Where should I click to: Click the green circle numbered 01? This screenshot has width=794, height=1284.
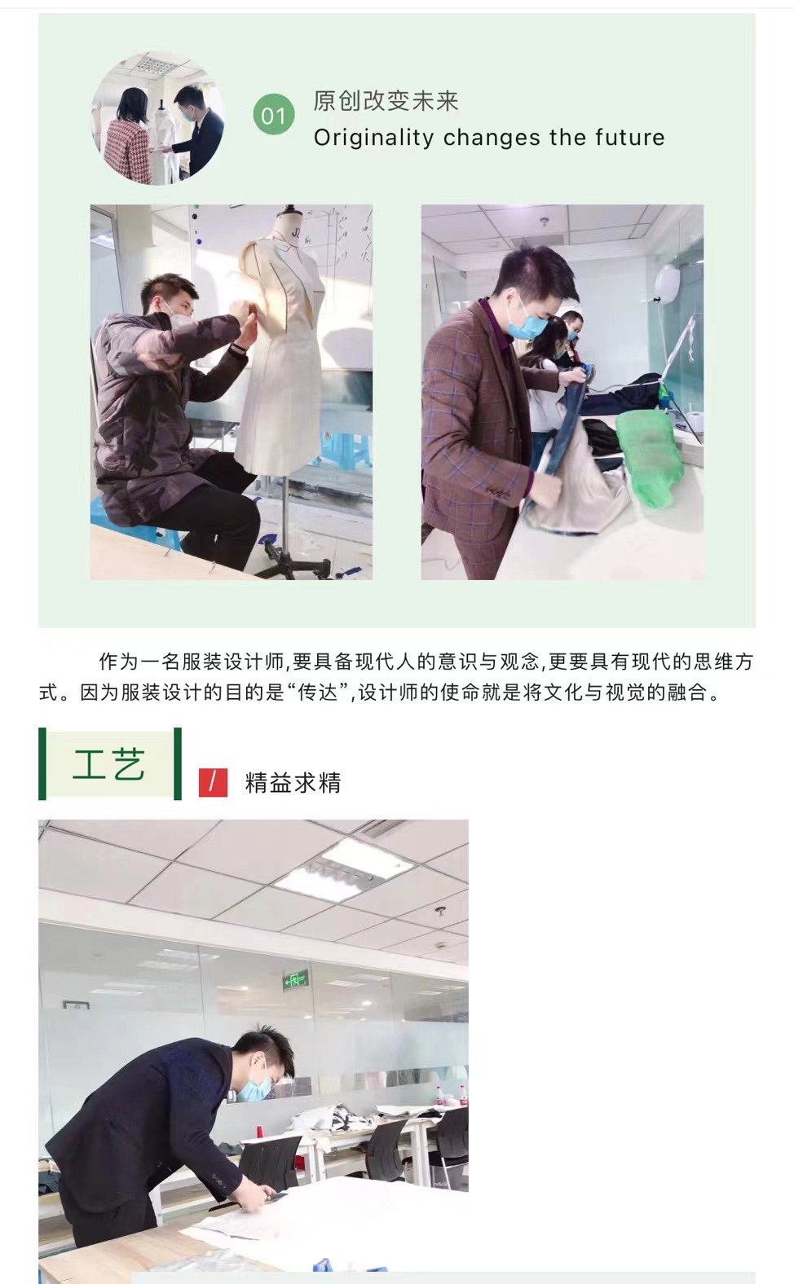coord(274,115)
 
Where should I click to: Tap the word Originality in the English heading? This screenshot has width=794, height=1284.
coord(373,139)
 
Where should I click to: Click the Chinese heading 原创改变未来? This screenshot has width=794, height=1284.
coord(386,101)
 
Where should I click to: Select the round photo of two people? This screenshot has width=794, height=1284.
coord(157,118)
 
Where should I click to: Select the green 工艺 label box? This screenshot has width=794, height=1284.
coord(109,763)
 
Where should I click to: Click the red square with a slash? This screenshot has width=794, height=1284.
coord(213,782)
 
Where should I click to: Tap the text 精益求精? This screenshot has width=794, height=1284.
coord(293,782)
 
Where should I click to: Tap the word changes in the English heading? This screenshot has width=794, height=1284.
coord(492,139)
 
